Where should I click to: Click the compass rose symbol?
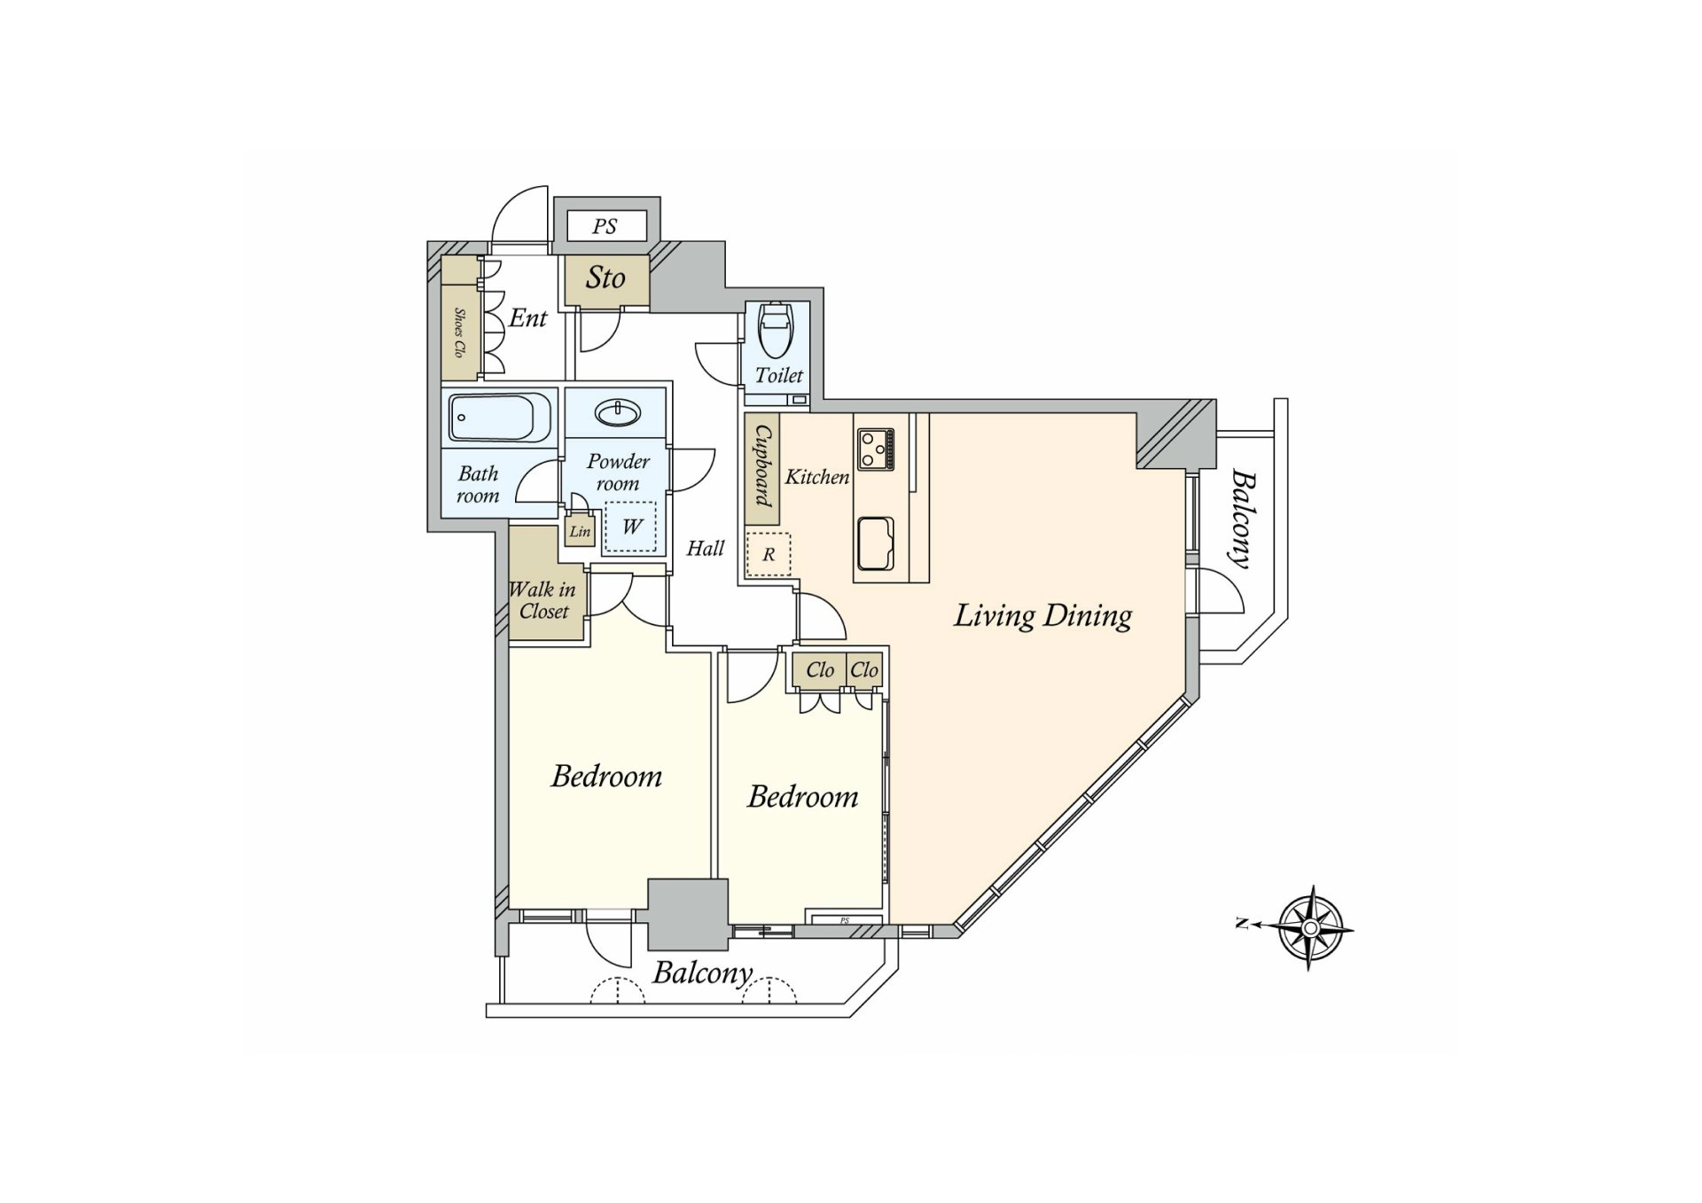pos(1310,928)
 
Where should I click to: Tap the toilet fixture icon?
pos(777,332)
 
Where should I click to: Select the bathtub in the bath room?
pos(501,418)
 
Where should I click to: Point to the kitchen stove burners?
pos(876,449)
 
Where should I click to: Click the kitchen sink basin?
pos(875,542)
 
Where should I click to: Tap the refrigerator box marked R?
pos(769,554)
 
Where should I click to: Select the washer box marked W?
pos(631,527)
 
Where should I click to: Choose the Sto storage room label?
pos(605,278)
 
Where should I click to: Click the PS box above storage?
pos(605,226)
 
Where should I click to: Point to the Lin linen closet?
pos(580,531)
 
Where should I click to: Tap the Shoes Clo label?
pos(459,332)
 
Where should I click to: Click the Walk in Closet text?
pos(543,600)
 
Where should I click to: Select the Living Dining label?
pos(1042,616)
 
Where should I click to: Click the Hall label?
pos(706,549)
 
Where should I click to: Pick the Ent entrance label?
pos(528,317)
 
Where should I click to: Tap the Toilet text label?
pos(779,375)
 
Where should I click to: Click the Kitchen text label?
pos(817,477)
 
